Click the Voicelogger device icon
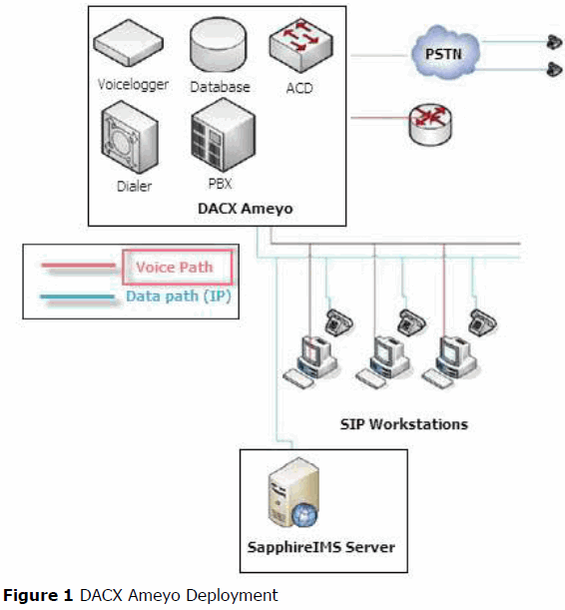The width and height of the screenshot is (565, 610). [x=129, y=43]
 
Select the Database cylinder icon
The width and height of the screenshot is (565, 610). [x=219, y=44]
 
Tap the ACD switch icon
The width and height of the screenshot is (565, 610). [x=301, y=46]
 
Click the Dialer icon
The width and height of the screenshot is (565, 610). [x=130, y=138]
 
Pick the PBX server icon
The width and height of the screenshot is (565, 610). [x=224, y=135]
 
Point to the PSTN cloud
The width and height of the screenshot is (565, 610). [x=444, y=53]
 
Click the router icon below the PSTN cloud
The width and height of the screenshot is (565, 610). [x=430, y=125]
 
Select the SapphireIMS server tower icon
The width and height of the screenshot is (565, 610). [x=293, y=493]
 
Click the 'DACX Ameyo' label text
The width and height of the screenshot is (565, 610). [x=246, y=209]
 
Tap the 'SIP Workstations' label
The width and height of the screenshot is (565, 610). [x=404, y=424]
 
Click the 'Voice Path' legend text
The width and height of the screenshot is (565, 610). [x=175, y=268]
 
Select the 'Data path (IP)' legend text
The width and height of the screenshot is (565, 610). [x=179, y=297]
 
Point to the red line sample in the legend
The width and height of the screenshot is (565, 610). [x=79, y=266]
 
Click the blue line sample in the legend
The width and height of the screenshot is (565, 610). [x=78, y=298]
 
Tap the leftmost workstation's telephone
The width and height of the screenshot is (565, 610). [x=339, y=321]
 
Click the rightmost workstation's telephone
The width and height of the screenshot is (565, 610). [x=483, y=321]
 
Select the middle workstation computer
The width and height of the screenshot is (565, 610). [x=383, y=361]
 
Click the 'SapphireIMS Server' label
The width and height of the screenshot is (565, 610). [x=321, y=547]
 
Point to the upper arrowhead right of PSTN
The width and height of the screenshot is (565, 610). [x=554, y=42]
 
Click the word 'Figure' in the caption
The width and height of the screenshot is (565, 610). [x=38, y=596]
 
